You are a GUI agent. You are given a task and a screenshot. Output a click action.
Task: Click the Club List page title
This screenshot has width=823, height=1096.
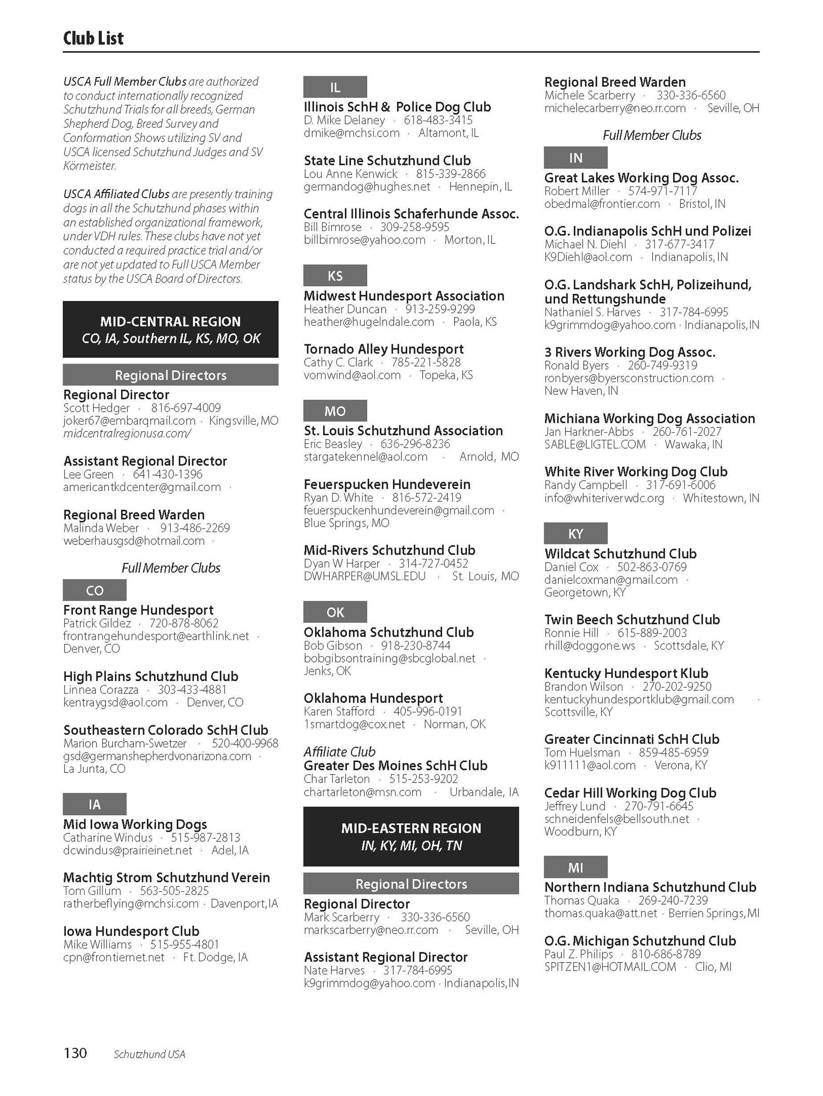[93, 38]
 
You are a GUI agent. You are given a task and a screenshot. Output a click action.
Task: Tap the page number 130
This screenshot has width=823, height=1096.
[75, 1052]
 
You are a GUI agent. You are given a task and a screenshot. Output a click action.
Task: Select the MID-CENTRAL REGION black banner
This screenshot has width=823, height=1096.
[170, 329]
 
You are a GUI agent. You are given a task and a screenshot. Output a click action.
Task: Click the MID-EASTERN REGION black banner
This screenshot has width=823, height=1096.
[411, 836]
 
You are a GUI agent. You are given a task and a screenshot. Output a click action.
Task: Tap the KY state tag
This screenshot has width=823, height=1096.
[575, 534]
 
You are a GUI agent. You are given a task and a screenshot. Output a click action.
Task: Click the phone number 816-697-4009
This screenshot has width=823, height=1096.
[186, 408]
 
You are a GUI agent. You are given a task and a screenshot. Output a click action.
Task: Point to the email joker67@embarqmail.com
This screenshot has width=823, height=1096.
[129, 421]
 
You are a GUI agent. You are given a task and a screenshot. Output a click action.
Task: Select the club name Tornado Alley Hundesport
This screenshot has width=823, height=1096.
[383, 349]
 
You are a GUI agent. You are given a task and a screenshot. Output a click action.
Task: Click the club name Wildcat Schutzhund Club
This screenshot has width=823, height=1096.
[620, 553]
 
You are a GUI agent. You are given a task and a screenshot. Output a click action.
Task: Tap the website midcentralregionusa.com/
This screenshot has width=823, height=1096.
[127, 433]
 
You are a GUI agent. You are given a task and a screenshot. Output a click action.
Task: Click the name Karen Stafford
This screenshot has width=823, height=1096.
[339, 711]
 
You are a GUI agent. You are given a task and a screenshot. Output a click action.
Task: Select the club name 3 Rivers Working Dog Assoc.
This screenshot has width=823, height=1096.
[629, 352]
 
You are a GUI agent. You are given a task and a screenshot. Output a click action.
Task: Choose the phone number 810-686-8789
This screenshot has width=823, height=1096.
[666, 954]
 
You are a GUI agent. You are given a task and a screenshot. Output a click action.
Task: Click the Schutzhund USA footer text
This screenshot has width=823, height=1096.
[149, 1054]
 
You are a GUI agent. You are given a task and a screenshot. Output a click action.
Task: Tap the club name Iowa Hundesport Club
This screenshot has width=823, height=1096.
[131, 931]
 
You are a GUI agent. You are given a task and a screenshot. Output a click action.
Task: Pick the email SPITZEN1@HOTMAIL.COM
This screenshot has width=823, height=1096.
[609, 967]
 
